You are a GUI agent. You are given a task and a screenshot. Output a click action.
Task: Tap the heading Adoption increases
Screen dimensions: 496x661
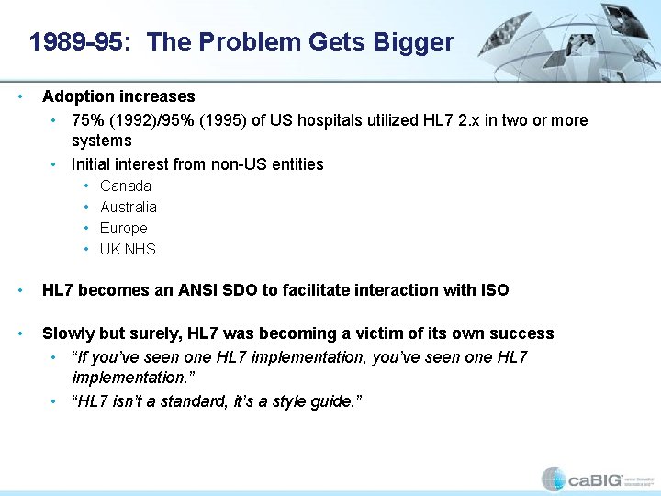(118, 96)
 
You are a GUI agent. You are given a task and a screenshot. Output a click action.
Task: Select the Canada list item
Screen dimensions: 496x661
(126, 186)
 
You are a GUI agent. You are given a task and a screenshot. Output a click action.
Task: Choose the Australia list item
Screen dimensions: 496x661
(129, 207)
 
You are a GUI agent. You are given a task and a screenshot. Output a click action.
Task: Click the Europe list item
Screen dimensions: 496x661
(124, 228)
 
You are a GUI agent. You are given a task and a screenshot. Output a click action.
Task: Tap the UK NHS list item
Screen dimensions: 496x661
(128, 249)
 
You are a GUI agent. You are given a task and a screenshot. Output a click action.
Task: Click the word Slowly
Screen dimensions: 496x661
(67, 333)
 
